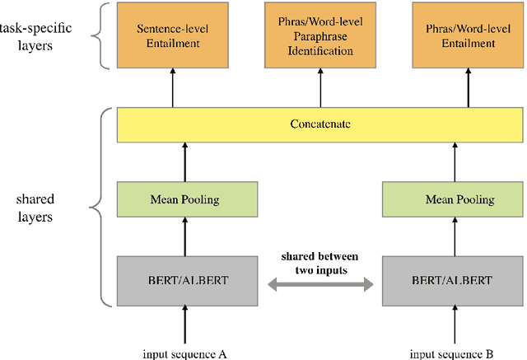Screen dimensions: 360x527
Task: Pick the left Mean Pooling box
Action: click(189, 199)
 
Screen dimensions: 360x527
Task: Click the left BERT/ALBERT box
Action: click(189, 280)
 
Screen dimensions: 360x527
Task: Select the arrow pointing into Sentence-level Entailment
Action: click(173, 86)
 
